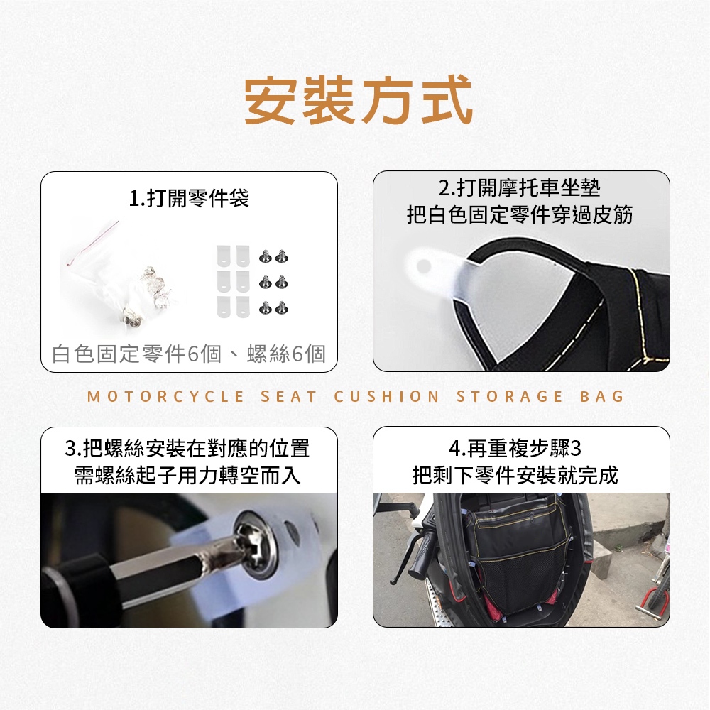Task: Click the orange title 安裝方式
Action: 359,101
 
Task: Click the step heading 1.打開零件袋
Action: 189,198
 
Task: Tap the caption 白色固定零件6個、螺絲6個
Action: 189,354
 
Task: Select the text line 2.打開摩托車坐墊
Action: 520,188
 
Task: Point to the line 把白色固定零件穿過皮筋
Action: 520,214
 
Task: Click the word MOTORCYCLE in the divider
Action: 165,397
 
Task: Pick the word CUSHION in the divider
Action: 387,397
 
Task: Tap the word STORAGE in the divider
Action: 510,397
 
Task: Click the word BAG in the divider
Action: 602,397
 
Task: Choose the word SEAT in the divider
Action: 289,397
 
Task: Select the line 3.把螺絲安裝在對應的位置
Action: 187,449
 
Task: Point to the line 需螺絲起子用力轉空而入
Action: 187,476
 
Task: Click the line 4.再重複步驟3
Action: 515,449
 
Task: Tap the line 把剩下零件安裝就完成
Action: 515,476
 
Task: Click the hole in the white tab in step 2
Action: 423,266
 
